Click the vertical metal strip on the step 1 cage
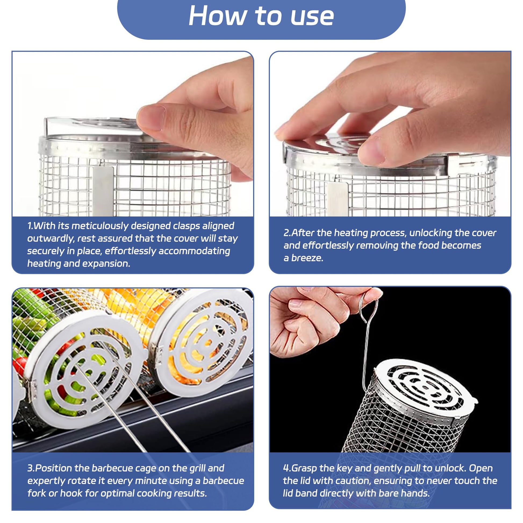point(103,191)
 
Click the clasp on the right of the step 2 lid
point(457,163)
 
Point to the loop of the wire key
point(368,306)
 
